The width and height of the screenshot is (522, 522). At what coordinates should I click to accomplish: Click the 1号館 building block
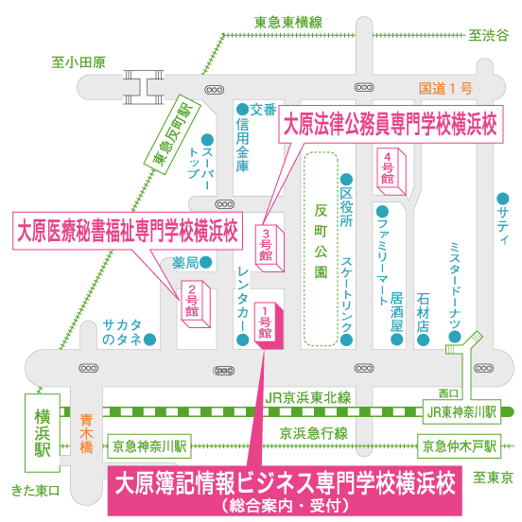click(269, 325)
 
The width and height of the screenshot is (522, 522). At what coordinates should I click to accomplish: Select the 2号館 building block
click(196, 304)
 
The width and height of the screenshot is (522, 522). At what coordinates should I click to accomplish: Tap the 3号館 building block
click(270, 249)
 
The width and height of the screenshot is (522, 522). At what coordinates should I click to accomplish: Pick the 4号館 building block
click(391, 172)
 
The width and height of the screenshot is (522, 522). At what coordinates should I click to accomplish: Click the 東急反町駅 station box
click(172, 134)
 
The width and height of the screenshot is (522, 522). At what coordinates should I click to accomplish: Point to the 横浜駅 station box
click(43, 433)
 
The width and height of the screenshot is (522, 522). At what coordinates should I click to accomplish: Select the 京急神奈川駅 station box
click(149, 446)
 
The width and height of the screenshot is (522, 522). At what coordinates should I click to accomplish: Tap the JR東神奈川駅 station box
click(461, 411)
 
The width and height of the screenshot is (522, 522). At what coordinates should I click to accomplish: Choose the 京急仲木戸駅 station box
click(459, 446)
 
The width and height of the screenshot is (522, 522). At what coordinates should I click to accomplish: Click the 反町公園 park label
click(321, 241)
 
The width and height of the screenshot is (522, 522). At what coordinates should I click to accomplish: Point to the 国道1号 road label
click(445, 89)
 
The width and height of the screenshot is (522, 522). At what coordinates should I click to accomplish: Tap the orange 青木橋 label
click(86, 434)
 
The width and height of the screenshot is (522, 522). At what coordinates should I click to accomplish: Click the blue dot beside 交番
click(243, 109)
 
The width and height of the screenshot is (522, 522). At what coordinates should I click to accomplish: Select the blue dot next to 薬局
click(206, 262)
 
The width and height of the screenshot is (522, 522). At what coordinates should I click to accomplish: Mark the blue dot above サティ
click(503, 199)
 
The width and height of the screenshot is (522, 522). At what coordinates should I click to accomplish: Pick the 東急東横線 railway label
click(288, 23)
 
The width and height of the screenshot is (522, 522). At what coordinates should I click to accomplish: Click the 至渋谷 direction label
click(489, 35)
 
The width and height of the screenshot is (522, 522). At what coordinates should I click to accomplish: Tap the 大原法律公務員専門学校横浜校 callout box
click(391, 125)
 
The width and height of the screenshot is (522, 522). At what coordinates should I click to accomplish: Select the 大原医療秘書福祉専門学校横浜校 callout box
click(128, 231)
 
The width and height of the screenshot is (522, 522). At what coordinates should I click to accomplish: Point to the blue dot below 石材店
click(423, 339)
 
